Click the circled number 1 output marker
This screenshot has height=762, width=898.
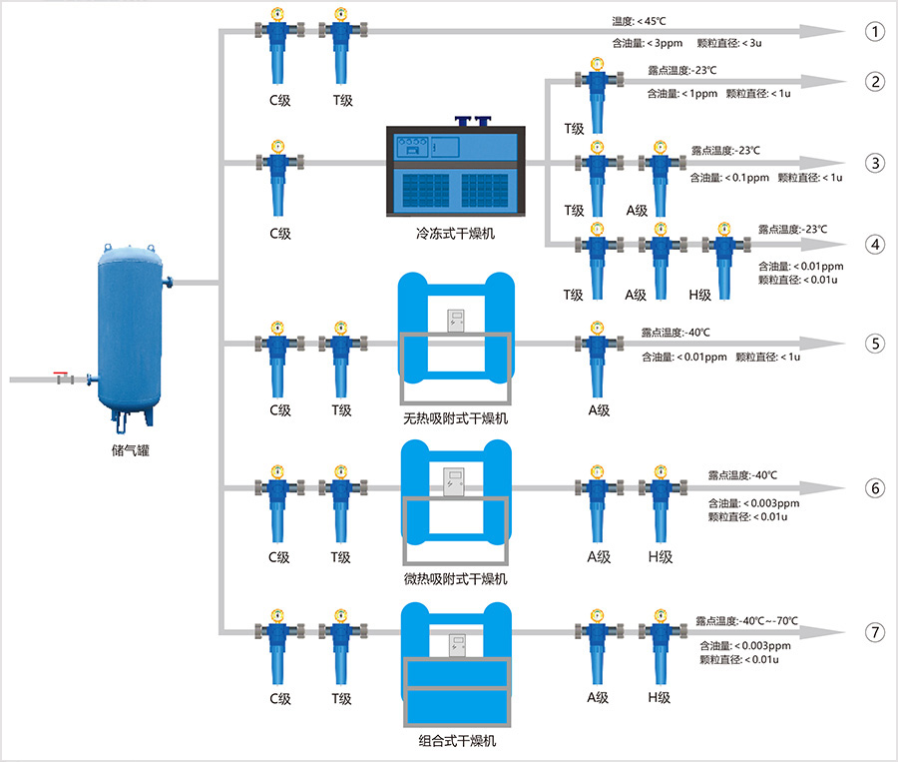875,31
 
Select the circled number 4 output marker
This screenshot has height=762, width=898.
875,244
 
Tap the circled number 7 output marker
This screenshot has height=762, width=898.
875,632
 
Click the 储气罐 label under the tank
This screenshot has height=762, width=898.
132,449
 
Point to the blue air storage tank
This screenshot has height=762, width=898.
131,330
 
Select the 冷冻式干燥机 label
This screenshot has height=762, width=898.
455,234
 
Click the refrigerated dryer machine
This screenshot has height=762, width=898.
455,171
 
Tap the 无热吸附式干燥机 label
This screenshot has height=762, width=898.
455,418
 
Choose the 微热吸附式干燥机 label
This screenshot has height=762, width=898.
455,579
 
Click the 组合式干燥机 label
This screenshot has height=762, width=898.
455,741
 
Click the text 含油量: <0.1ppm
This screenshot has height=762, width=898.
729,178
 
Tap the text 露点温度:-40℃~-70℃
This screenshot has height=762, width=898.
747,621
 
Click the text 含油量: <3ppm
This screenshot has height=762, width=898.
650,43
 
